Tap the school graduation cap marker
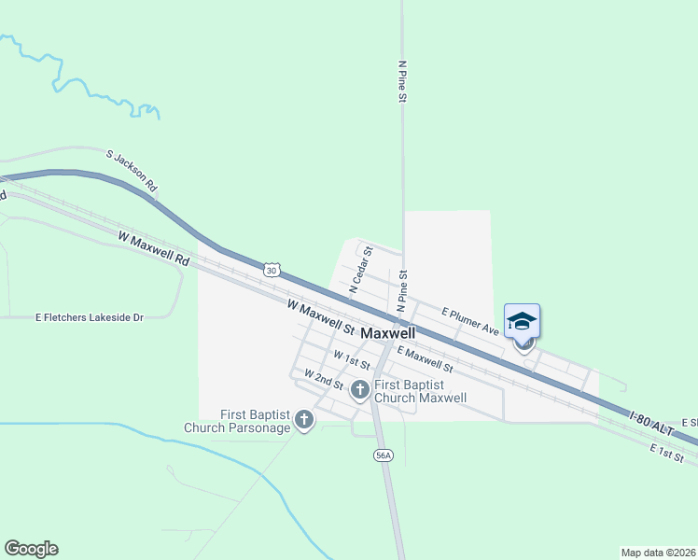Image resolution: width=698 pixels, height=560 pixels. [x=522, y=322]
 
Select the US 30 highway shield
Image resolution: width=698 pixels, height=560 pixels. [x=271, y=270]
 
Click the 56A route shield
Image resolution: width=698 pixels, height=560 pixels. [x=382, y=455]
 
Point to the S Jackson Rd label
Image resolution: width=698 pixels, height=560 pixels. [x=131, y=172]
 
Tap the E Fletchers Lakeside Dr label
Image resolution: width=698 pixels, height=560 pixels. [x=89, y=317]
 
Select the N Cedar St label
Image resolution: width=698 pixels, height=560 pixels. [x=361, y=270]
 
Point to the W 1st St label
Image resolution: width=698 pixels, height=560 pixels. [x=352, y=360]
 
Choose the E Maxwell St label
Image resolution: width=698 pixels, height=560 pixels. [x=425, y=359]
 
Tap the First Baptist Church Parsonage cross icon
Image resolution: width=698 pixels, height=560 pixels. [x=303, y=421]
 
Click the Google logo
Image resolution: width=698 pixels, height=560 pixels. [x=31, y=549]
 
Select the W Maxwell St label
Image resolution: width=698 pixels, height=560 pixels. [x=322, y=318]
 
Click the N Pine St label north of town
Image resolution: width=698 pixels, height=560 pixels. [x=402, y=81]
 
